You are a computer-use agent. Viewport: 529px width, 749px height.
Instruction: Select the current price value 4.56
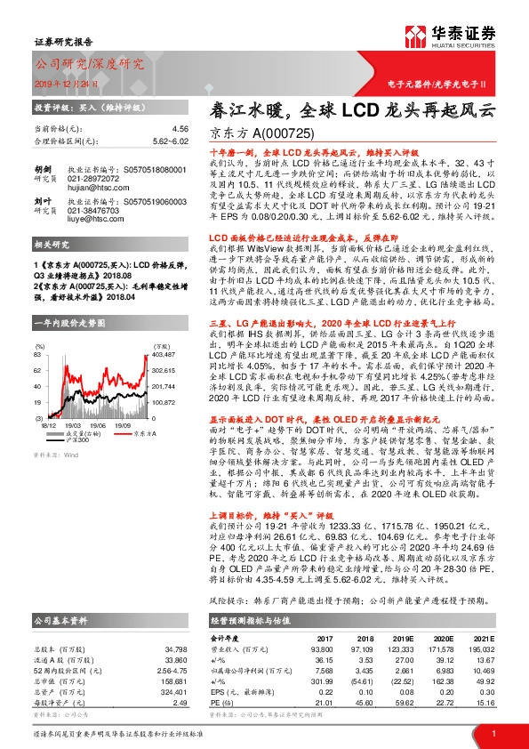(180, 129)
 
